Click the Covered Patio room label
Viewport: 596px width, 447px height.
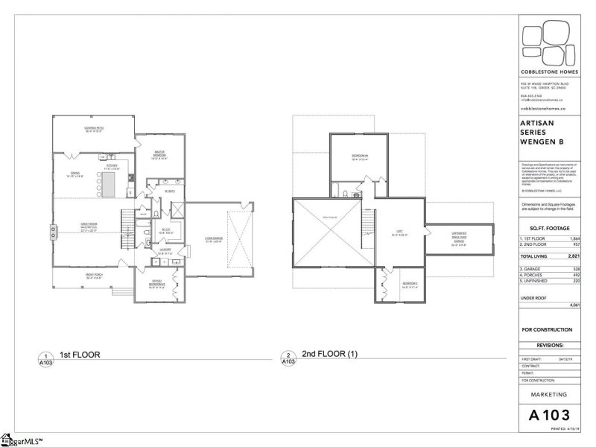(x=93, y=130)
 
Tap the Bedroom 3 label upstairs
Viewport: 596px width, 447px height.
(x=410, y=285)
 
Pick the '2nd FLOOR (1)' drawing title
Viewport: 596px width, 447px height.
(x=330, y=355)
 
